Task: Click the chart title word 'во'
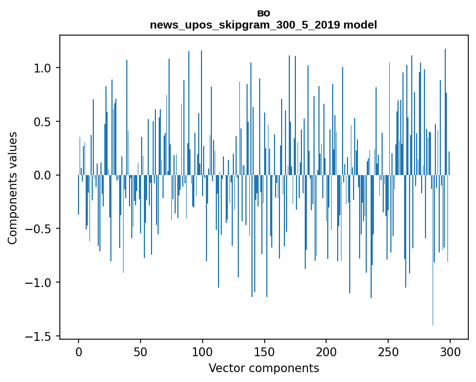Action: click(x=264, y=14)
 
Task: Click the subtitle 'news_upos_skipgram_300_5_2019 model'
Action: click(x=264, y=25)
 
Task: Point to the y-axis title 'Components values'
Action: click(x=13, y=188)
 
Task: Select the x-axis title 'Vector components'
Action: click(x=264, y=368)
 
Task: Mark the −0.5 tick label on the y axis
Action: click(x=40, y=229)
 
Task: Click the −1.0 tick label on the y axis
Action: click(x=40, y=283)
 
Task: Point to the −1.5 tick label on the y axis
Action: click(x=40, y=336)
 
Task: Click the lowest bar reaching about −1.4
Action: click(x=433, y=274)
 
